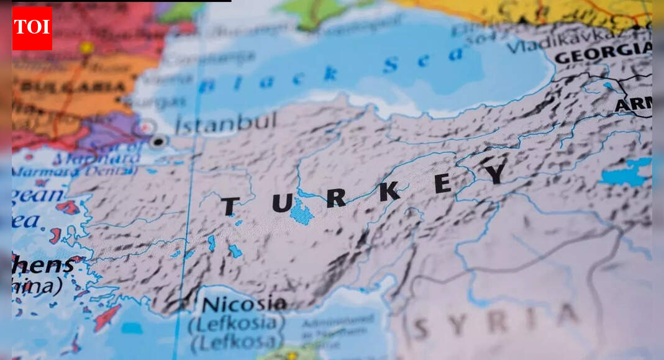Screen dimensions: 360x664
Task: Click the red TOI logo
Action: pos(32,28)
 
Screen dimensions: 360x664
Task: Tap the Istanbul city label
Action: pos(225,122)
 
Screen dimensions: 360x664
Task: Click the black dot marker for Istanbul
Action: pos(159,141)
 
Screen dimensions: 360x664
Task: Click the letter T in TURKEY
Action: pos(229,206)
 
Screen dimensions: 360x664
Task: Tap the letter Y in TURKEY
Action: pos(495,174)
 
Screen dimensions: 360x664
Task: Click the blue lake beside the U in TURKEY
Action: pos(301,212)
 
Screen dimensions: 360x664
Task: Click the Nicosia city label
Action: pos(244,305)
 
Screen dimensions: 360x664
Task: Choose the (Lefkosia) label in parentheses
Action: pos(236,324)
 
